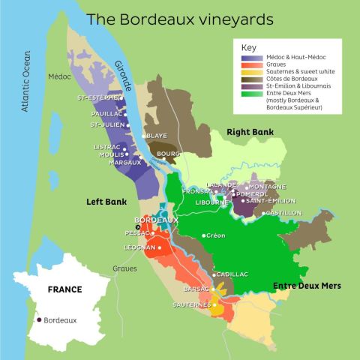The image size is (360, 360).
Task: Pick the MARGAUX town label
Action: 103,162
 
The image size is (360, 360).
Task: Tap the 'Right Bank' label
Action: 250,132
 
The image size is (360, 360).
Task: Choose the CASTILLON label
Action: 283,213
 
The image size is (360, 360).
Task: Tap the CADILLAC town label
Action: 232,274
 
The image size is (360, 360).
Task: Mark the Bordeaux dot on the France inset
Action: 38,319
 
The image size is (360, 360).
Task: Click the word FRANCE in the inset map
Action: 64,289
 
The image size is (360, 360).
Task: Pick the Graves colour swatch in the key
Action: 252,64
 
